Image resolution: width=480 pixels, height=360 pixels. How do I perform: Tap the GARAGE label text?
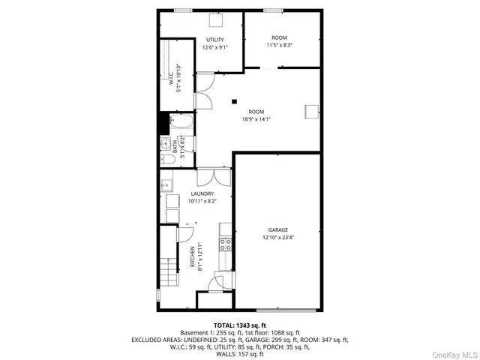(x=278, y=229)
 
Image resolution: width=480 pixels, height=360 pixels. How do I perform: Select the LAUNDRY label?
(x=202, y=193)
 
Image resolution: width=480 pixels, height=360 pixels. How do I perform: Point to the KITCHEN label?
(x=192, y=257)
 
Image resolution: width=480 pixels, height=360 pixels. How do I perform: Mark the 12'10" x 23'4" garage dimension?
(x=278, y=238)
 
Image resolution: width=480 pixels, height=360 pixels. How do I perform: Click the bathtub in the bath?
(x=182, y=122)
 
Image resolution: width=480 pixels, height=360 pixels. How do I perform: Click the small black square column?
(x=234, y=101)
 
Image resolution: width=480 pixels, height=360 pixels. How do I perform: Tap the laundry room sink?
(x=166, y=184)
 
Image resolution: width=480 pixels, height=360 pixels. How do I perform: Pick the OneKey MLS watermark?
(x=454, y=353)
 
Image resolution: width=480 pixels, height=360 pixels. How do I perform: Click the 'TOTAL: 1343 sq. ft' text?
(x=240, y=325)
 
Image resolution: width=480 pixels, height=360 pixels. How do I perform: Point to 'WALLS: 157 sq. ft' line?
(x=240, y=354)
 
